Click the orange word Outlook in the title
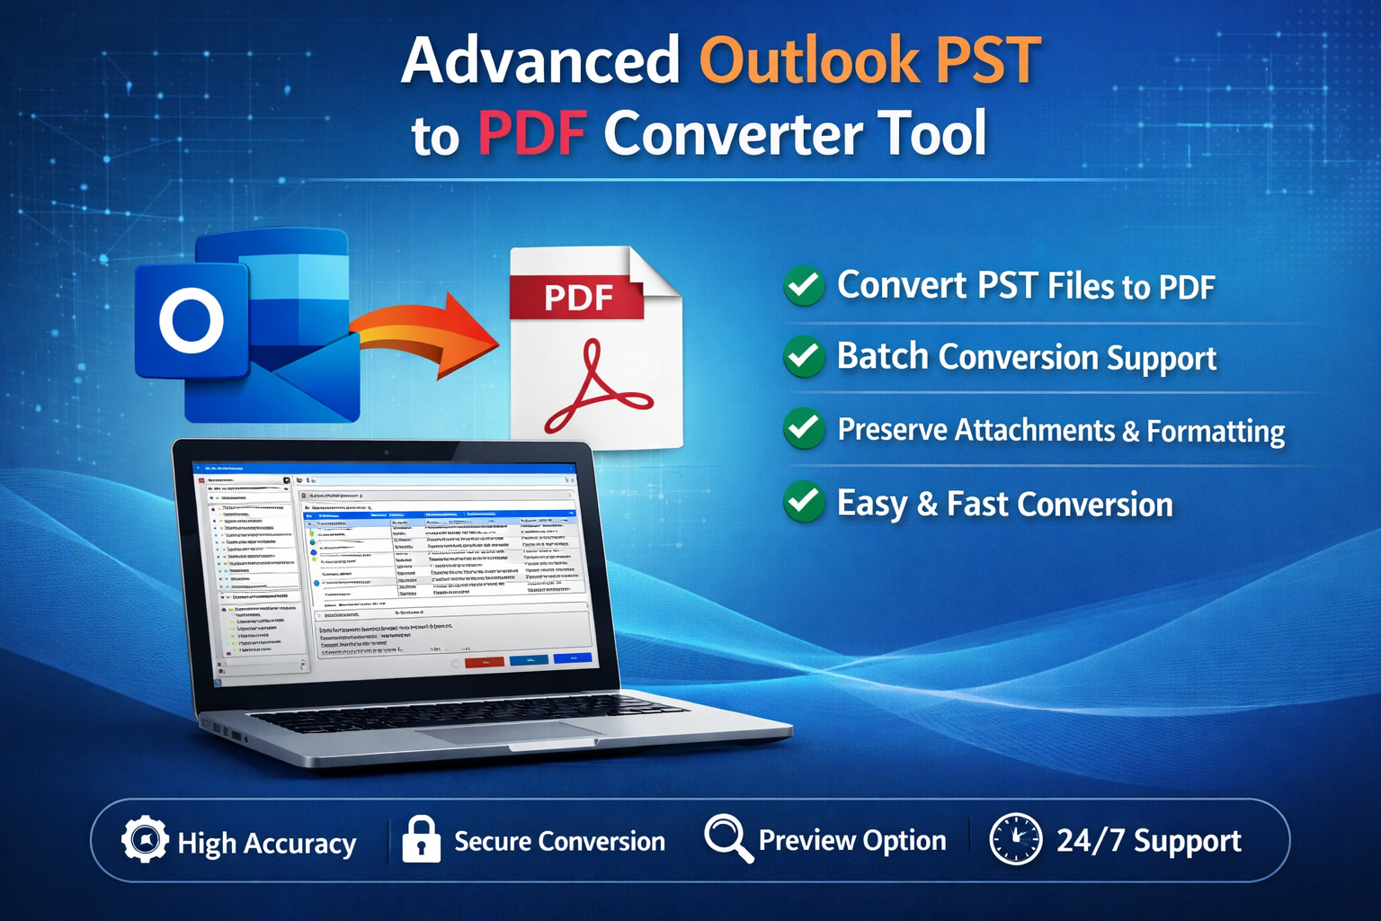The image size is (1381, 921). pos(809,61)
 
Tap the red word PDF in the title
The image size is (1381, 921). pos(532,133)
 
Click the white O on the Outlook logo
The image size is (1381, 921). pos(192,321)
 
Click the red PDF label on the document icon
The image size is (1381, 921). pos(577,298)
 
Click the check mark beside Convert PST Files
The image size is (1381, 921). pos(804,286)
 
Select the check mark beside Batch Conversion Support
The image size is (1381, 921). pos(804,357)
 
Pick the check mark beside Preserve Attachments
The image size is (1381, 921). pos(804,429)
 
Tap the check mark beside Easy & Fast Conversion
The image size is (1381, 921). pos(804,502)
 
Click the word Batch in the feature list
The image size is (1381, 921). pos(882,356)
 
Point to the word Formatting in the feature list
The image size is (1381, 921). pos(1216,431)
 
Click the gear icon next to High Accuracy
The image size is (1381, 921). pos(144,840)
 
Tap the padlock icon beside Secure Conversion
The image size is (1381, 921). pos(421,840)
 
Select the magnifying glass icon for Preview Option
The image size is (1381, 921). pos(727,837)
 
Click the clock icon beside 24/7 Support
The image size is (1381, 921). pos(1015,839)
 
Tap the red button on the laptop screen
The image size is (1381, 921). pos(484,662)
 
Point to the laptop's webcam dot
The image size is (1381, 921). pos(387,452)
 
